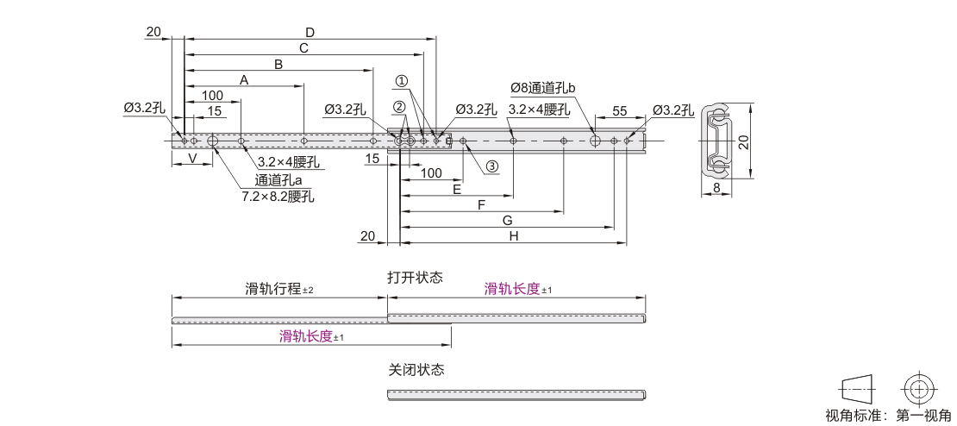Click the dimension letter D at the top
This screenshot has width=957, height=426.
click(310, 32)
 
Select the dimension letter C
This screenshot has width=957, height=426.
click(303, 47)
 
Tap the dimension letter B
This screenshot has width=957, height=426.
click(278, 64)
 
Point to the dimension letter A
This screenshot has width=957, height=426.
click(244, 79)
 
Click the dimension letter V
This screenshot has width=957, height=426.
click(191, 158)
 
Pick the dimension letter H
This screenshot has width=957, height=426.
click(513, 237)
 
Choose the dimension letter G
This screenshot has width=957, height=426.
click(507, 220)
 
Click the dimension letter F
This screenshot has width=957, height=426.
click(482, 205)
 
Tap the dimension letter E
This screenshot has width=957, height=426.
click(457, 189)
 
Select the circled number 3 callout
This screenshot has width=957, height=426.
click(492, 166)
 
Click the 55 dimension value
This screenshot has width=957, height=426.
click(620, 111)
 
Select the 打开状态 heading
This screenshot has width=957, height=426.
click(415, 278)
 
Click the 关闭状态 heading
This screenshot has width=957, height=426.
click(416, 370)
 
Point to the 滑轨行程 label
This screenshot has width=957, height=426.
click(272, 289)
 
